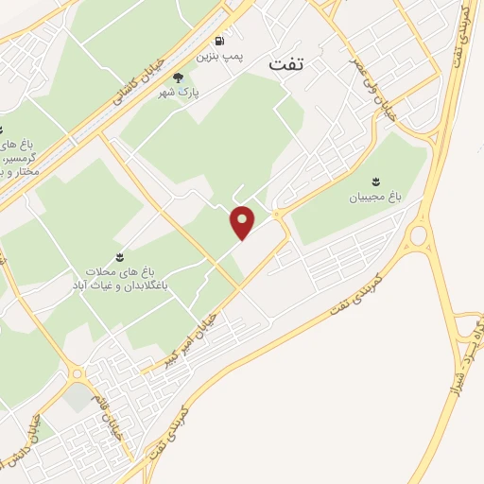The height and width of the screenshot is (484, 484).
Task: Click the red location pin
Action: point(244,222)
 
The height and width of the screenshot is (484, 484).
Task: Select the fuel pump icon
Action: point(220,42)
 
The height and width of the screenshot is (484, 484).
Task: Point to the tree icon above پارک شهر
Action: point(179,77)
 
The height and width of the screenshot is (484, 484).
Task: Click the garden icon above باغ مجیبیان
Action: point(377,181)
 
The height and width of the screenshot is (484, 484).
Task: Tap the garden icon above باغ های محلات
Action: point(120,256)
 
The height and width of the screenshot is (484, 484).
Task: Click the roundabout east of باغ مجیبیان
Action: point(417,233)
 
